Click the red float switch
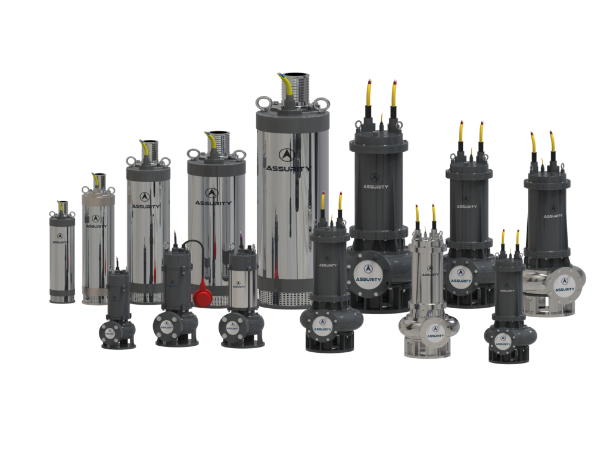[203, 298]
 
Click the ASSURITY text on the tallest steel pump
[288, 168]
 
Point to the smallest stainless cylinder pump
[62, 256]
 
